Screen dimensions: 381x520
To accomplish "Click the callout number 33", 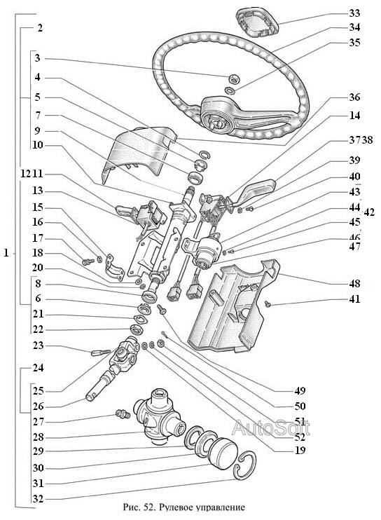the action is click(354, 13).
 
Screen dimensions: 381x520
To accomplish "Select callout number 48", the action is click(354, 284).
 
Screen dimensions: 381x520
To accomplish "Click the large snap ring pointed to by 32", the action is click(244, 465).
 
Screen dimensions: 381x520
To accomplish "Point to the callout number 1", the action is click(6, 253).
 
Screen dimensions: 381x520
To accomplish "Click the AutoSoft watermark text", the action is click(271, 427).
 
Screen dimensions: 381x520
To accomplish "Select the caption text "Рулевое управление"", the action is click(202, 507).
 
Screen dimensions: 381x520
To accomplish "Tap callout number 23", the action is click(38, 345).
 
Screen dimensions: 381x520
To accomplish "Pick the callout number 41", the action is click(354, 299).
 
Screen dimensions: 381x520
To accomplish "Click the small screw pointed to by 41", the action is click(268, 303).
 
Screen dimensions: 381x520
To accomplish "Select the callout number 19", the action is click(300, 451).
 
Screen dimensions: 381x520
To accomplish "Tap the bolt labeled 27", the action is click(122, 414).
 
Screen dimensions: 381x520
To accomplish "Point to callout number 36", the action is click(354, 97).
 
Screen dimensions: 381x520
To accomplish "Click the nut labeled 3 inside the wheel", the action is click(233, 79).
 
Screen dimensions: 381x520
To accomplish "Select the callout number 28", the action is click(38, 437).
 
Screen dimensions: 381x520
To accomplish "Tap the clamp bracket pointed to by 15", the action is click(114, 267).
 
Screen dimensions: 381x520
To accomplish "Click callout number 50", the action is click(300, 406).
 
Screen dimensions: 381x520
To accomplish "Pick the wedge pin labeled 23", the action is click(101, 353).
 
